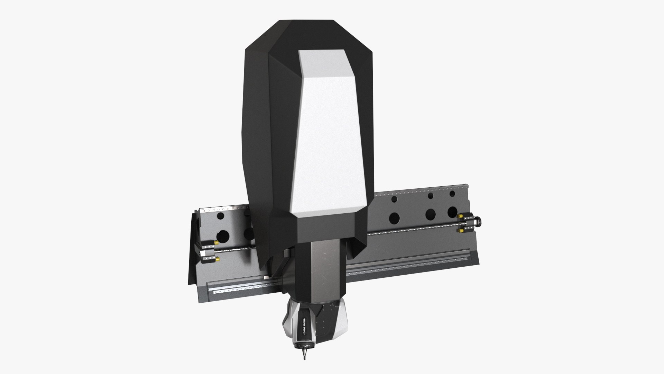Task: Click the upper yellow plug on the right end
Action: point(461,216)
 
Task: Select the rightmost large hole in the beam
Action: point(452,211)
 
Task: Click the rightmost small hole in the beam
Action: point(452,194)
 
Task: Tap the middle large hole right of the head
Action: point(431,214)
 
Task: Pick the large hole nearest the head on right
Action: point(394,218)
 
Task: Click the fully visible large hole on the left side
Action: point(224,236)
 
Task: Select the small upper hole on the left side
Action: point(220,216)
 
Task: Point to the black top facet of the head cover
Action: point(308,35)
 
